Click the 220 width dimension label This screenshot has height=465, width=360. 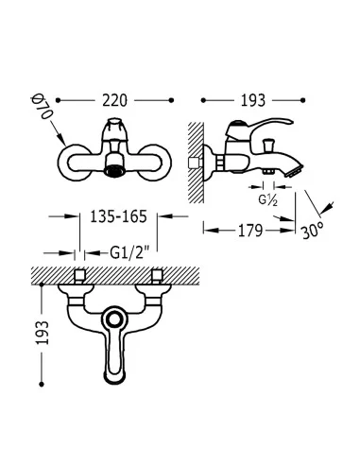point(114,100)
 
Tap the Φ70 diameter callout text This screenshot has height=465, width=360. point(43,108)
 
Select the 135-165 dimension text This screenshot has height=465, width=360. point(118,216)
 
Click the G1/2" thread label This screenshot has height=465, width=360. point(129,252)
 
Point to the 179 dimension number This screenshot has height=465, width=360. point(250,231)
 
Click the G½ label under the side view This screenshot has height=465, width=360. point(268,199)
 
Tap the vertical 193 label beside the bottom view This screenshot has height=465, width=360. point(43,333)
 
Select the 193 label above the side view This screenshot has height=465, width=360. point(253,100)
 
